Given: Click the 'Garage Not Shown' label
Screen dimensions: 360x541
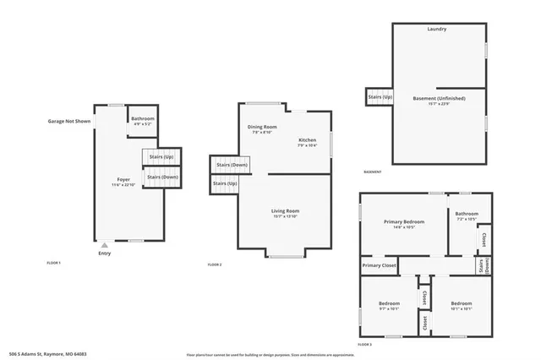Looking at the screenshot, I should [68, 122].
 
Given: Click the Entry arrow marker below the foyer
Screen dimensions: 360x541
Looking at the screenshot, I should [105, 245].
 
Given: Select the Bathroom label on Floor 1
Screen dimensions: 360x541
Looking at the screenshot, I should [143, 118].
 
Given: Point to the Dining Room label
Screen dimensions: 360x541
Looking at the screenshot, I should [262, 127].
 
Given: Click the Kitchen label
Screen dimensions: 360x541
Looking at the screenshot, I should [307, 139].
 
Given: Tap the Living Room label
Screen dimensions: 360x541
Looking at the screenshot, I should [285, 210].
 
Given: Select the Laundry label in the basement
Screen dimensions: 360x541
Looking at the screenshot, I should [436, 30].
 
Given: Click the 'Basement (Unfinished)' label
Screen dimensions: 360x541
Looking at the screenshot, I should [439, 98].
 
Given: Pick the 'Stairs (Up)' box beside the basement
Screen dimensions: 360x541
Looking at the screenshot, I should [380, 97].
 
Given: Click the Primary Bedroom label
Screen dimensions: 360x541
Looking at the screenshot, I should [404, 221].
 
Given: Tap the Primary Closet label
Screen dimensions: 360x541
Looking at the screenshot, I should [380, 265].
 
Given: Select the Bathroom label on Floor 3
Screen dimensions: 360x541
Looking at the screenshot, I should [467, 214].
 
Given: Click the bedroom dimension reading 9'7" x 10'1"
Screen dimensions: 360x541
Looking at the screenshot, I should [389, 308].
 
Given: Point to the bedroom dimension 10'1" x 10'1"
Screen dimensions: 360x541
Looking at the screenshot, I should [461, 308].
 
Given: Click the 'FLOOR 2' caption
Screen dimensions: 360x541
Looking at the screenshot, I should [215, 265].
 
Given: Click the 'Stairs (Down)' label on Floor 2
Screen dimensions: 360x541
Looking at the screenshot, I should [230, 165].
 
